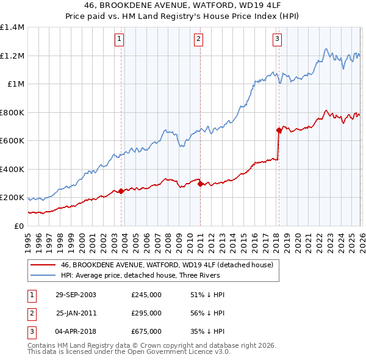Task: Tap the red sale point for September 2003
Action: [121, 191]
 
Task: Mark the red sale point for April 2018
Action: [279, 130]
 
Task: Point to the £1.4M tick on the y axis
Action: [12, 27]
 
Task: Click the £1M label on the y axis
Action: [16, 84]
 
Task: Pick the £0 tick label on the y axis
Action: [18, 226]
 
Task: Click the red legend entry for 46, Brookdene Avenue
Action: [170, 265]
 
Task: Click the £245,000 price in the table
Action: [146, 294]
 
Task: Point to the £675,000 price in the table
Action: [146, 331]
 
